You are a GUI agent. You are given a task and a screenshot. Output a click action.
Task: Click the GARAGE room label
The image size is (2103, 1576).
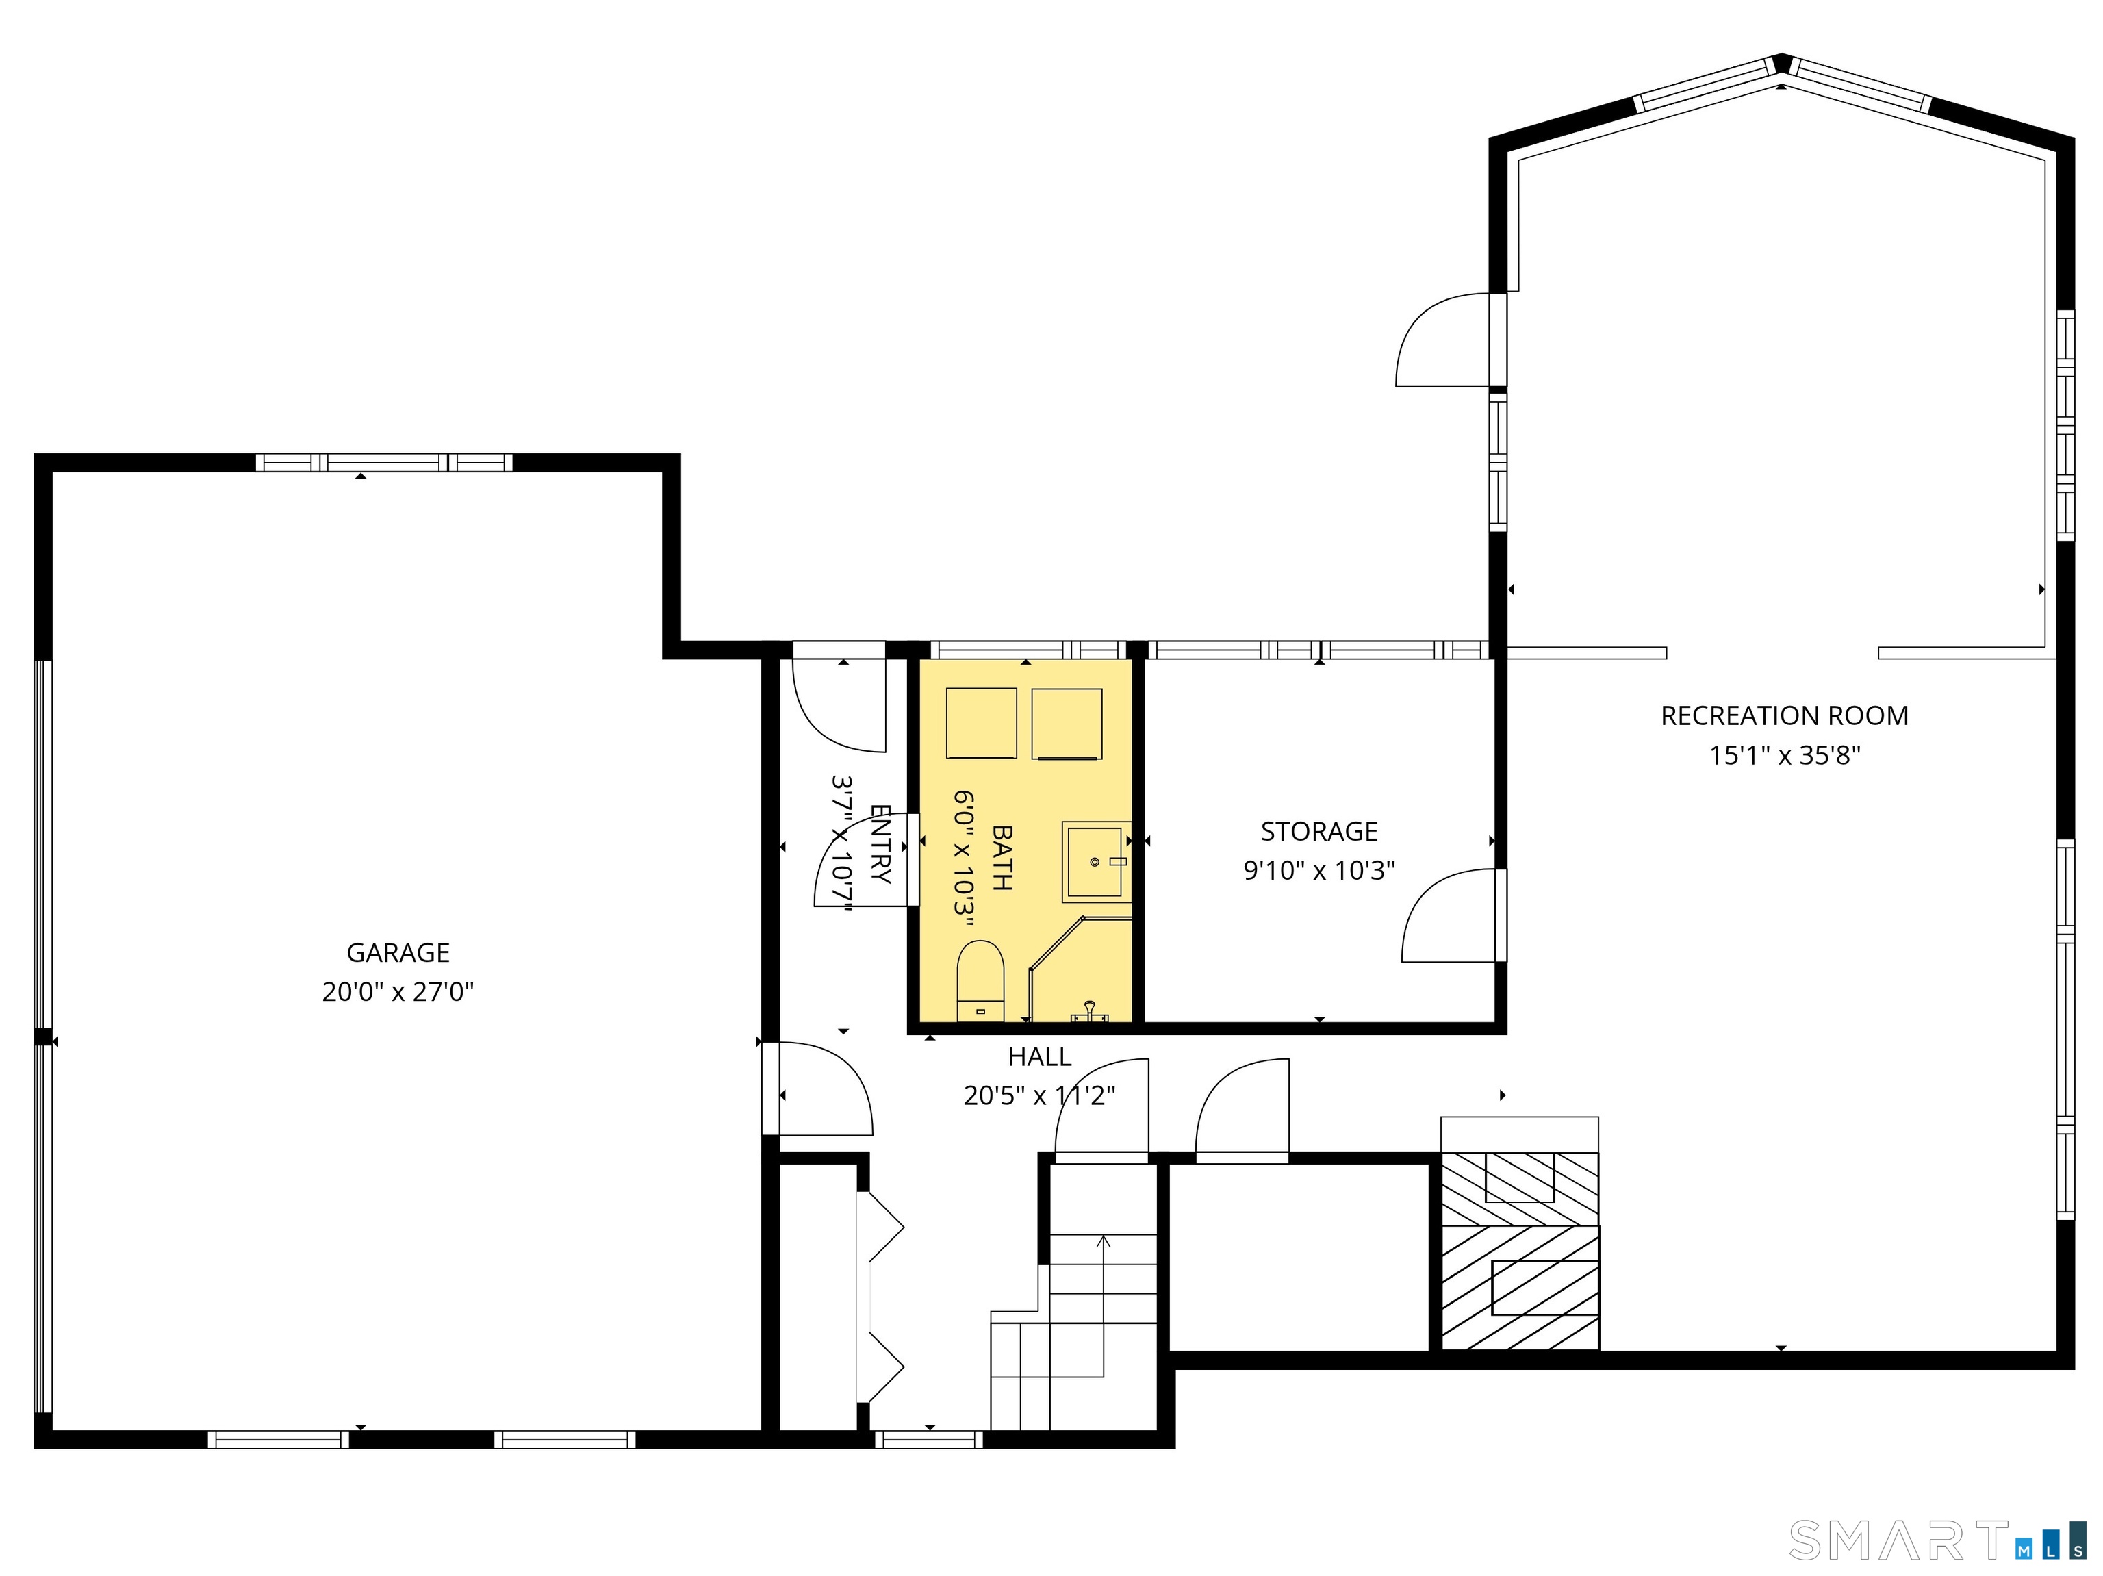click(398, 952)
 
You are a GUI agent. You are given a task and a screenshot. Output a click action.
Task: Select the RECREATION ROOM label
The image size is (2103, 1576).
click(1785, 715)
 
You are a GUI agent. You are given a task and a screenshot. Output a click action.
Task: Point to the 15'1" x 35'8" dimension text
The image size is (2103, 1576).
click(1785, 756)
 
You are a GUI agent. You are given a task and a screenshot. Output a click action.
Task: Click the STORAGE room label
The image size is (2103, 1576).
click(1318, 832)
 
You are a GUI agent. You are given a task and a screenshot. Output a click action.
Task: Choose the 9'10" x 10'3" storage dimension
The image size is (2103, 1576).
click(1318, 871)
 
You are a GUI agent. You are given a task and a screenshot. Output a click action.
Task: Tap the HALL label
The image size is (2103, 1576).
click(1039, 1057)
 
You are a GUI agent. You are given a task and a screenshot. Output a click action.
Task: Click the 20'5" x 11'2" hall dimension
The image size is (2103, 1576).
click(1039, 1096)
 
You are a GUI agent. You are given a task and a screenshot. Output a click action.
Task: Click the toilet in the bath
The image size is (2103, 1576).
click(980, 980)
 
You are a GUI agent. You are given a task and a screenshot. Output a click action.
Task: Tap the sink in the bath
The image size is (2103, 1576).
click(1096, 862)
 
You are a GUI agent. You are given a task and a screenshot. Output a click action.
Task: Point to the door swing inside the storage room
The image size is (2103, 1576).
click(1447, 915)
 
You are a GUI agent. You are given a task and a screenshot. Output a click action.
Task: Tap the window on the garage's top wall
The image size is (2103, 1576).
click(384, 463)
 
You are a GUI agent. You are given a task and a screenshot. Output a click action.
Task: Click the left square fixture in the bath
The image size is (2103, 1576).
click(981, 724)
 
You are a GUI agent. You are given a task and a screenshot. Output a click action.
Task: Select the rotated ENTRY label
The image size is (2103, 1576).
click(880, 844)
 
